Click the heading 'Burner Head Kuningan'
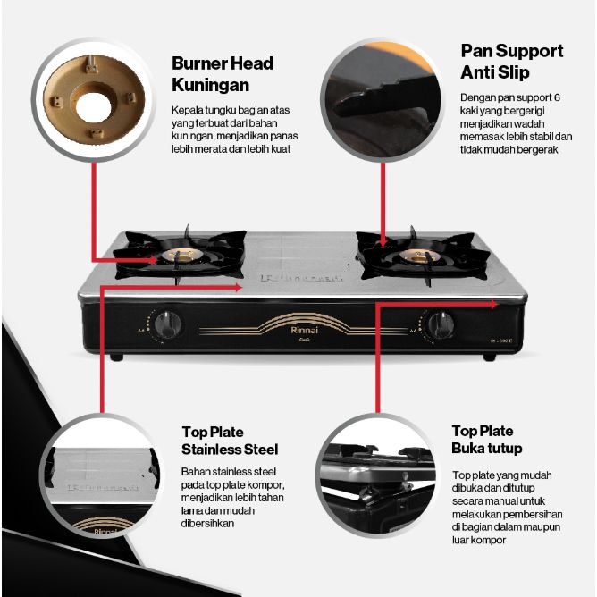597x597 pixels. (x=223, y=72)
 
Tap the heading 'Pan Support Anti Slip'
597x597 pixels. (x=512, y=60)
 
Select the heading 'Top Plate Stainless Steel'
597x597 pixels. (x=230, y=441)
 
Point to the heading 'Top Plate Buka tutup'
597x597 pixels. (x=487, y=440)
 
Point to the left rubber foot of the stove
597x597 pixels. (x=114, y=357)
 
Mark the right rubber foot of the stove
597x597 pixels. (x=489, y=357)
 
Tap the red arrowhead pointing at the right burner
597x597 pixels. (x=383, y=241)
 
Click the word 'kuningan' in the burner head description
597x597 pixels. (x=194, y=136)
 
